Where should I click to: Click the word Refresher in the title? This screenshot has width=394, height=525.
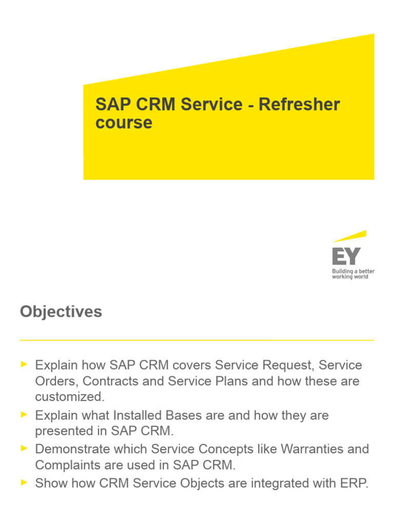click(x=299, y=105)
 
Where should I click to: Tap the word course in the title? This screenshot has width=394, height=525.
click(x=124, y=123)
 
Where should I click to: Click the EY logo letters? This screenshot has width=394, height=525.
click(x=346, y=255)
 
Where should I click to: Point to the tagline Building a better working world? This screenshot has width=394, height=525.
click(x=353, y=274)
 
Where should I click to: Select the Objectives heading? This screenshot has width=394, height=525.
click(x=61, y=312)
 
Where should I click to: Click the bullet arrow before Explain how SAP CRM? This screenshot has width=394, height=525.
click(x=23, y=364)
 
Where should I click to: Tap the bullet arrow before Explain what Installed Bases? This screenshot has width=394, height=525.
click(x=23, y=414)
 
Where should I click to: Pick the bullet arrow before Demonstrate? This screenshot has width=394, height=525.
click(x=23, y=448)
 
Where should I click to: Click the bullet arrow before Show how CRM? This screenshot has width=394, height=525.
click(x=23, y=481)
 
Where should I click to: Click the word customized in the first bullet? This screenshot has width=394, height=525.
click(x=67, y=397)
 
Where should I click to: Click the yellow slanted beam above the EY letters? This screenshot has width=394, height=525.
click(x=349, y=236)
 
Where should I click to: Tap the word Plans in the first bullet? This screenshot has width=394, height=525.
click(x=238, y=381)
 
